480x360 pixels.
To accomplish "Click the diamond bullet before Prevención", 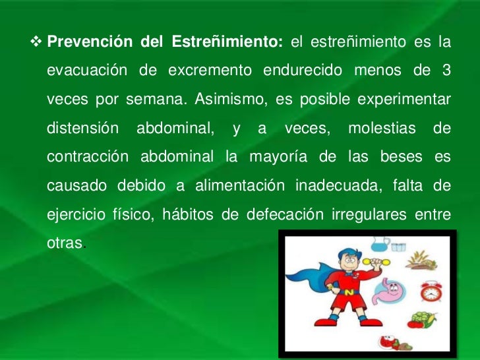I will [x=37, y=43].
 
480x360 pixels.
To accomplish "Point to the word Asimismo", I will [x=215, y=99].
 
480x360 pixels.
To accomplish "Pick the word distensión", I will [x=82, y=127].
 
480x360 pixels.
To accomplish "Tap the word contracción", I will [x=87, y=156].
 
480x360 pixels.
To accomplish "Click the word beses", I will [x=399, y=156].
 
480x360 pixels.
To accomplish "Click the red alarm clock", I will [x=431, y=291].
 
